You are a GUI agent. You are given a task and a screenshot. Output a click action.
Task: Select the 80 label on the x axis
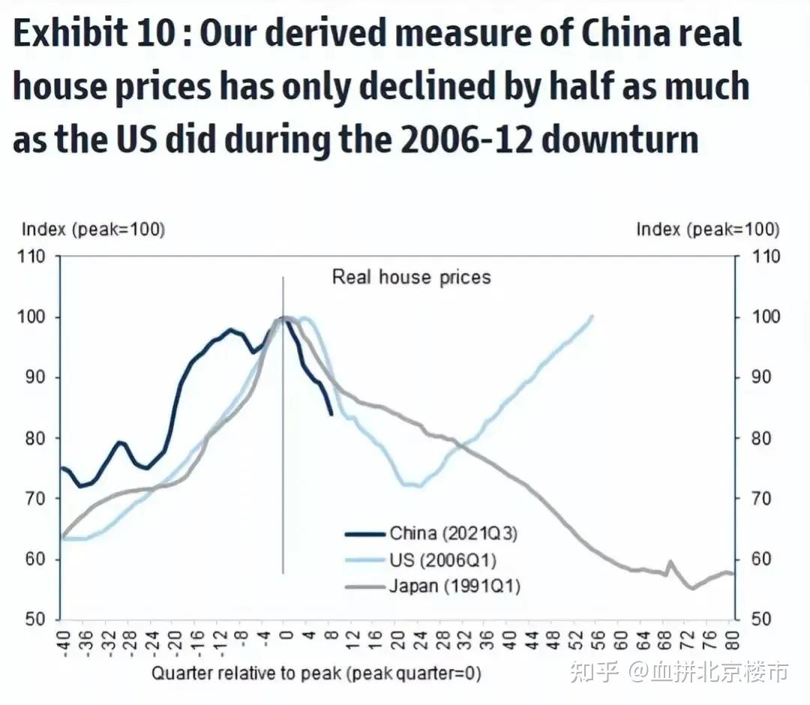[x=732, y=641]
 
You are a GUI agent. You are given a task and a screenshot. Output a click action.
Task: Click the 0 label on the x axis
[x=285, y=639]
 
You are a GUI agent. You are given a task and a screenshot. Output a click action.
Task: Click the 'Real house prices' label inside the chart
[x=411, y=277]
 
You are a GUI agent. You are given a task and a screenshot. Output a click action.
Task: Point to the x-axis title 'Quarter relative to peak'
[x=316, y=673]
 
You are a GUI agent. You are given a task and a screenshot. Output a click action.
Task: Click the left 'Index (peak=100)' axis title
[x=93, y=229]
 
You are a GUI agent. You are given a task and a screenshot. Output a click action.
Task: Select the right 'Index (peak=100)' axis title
[x=707, y=229]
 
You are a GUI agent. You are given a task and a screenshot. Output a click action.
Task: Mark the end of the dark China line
[x=331, y=413]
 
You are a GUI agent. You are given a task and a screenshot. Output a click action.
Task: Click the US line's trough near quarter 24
[x=417, y=485]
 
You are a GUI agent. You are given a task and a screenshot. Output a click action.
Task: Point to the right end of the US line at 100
[x=592, y=316]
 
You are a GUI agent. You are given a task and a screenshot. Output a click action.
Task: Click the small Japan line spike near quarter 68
[x=670, y=562]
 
